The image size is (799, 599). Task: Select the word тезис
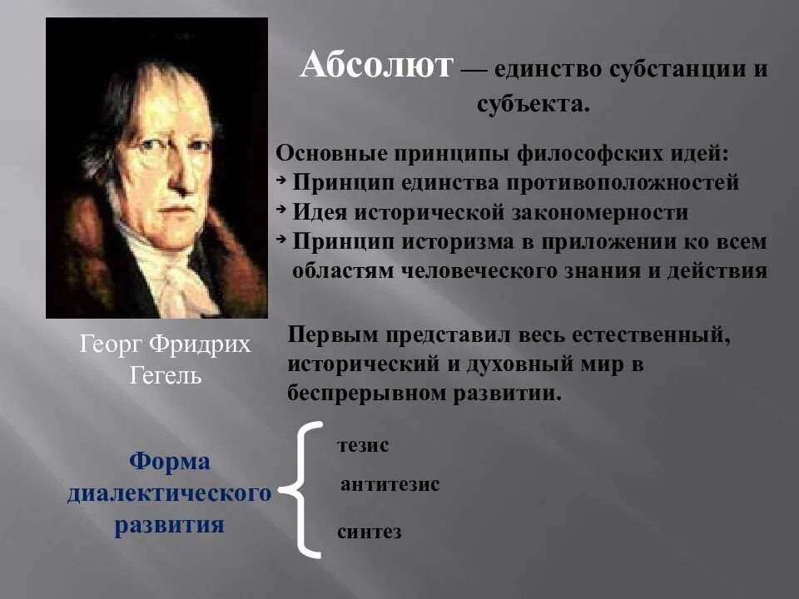click(363, 445)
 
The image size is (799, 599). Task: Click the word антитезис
click(390, 484)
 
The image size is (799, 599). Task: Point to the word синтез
click(370, 532)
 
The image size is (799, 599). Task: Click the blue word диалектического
click(170, 493)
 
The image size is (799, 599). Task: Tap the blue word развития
click(170, 525)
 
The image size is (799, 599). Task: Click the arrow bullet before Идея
click(280, 210)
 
